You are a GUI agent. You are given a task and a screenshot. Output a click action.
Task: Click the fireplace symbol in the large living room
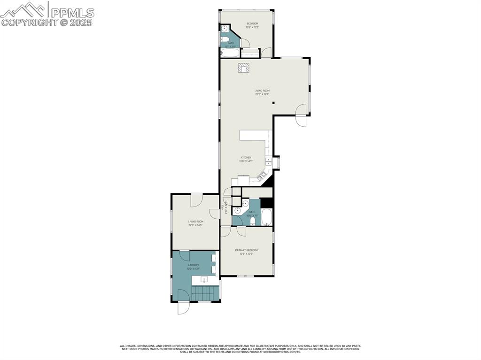[243, 68]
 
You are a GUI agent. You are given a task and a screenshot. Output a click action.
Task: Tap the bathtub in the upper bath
[230, 53]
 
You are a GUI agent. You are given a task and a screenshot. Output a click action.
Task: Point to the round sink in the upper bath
[225, 29]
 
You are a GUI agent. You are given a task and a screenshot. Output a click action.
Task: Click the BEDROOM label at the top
[253, 23]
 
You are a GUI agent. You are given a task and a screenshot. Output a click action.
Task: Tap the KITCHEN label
[246, 158]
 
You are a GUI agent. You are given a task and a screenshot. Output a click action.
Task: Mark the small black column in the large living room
[273, 103]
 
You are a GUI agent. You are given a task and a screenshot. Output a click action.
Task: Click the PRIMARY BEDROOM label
[247, 250]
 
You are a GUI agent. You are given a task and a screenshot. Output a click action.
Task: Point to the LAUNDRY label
[194, 265]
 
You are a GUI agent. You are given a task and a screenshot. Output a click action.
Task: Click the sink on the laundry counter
[204, 280]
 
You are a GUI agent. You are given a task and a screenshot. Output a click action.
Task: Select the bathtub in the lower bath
[267, 217]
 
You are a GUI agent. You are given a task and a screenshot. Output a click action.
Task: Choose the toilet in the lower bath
[253, 221]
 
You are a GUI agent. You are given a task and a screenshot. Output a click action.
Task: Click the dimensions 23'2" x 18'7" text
[262, 94]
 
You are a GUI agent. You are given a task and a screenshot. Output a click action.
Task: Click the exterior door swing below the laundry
[183, 307]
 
